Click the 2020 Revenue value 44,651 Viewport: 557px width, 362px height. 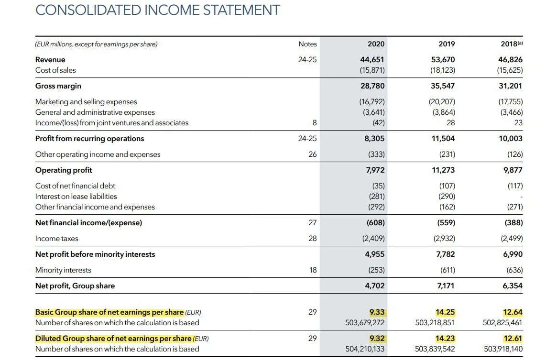tap(372, 60)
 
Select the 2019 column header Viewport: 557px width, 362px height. tap(447, 44)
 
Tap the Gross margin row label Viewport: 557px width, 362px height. tap(58, 86)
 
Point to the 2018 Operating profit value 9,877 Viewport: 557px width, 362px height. tap(513, 170)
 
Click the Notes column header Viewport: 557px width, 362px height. tap(307, 44)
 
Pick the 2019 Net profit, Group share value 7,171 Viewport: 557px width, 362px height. tap(445, 286)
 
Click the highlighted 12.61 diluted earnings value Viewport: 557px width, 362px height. tap(513, 339)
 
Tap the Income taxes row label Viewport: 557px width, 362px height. tap(56, 239)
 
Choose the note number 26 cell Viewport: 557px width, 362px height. tap(312, 154)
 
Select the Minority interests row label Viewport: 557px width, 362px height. tap(63, 270)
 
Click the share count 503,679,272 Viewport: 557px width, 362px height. tap(365, 323)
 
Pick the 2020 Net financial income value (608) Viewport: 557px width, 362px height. tap(375, 223)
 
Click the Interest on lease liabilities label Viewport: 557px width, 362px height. tap(76, 197)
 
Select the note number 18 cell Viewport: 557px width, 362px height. tap(313, 270)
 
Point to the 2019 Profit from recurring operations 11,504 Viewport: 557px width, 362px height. tap(443, 139)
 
